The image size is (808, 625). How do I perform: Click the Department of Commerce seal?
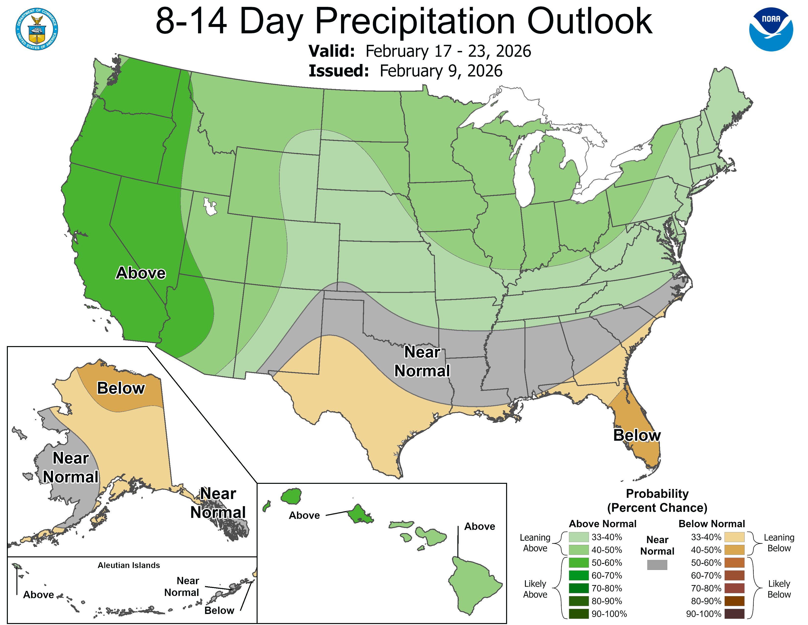pyautogui.click(x=37, y=29)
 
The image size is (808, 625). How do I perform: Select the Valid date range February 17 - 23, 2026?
pyautogui.click(x=448, y=51)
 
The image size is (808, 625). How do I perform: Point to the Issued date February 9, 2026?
pyautogui.click(x=441, y=71)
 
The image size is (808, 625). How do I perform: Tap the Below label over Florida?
pyautogui.click(x=637, y=436)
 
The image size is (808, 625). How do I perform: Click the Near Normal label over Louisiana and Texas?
pyautogui.click(x=422, y=361)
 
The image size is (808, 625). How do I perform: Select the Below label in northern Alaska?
pyautogui.click(x=121, y=388)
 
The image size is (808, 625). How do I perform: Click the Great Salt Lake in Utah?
pyautogui.click(x=210, y=207)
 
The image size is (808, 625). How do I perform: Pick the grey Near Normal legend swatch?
pyautogui.click(x=657, y=565)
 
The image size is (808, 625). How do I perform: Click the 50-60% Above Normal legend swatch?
pyautogui.click(x=579, y=562)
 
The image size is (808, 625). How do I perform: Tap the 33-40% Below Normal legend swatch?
pyautogui.click(x=734, y=537)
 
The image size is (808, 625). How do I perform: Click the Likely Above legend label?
pyautogui.click(x=535, y=589)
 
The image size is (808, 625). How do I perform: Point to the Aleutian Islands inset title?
pyautogui.click(x=129, y=565)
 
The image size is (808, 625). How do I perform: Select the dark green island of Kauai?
pyautogui.click(x=291, y=496)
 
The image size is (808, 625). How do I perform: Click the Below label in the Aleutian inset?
pyautogui.click(x=219, y=610)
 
